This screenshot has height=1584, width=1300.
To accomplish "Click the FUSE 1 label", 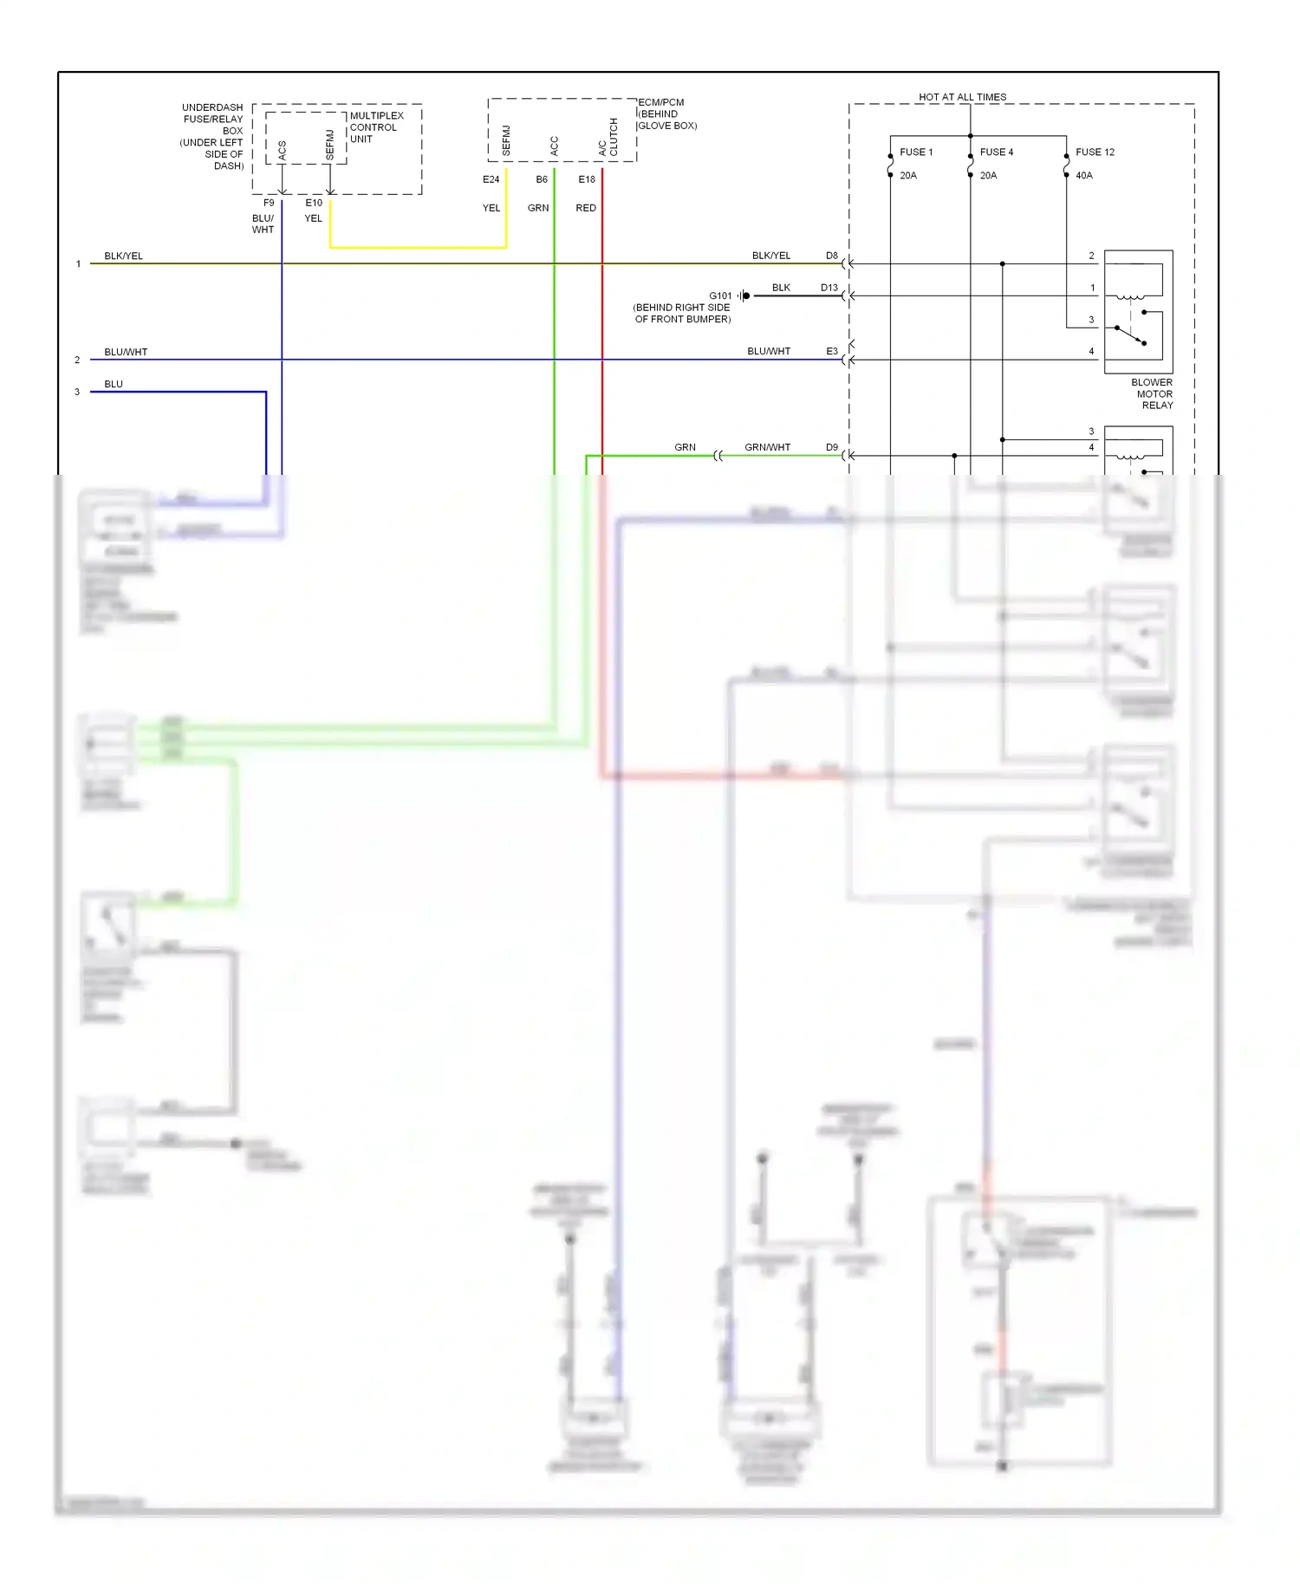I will point(915,153).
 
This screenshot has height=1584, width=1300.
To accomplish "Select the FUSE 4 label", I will point(996,153).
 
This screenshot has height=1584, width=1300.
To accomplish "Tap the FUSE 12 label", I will point(1095,153).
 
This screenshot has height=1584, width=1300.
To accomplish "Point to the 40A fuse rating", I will point(1083,176).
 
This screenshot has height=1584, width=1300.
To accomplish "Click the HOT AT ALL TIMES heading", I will point(962,97).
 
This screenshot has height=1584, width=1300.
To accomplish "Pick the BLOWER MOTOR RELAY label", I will point(1153,394).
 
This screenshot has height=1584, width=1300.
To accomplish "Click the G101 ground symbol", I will point(745,296).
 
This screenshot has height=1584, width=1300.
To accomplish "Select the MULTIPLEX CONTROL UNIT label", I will point(375,127).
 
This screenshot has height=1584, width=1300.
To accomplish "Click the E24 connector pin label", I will point(491,180).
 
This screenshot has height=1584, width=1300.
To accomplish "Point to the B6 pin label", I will point(542,180).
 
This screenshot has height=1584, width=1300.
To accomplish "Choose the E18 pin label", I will point(587,180).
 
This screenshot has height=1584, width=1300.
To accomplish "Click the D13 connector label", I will point(829,288).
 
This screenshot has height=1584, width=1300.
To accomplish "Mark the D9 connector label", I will point(832,448).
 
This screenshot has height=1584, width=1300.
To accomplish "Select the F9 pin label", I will point(269,203).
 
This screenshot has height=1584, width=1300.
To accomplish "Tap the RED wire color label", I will point(586,208).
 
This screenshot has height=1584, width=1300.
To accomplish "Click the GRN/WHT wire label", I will point(767,448).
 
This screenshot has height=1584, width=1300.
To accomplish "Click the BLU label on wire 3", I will point(114,385).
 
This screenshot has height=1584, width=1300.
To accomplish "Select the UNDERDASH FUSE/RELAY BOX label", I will point(212,137).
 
